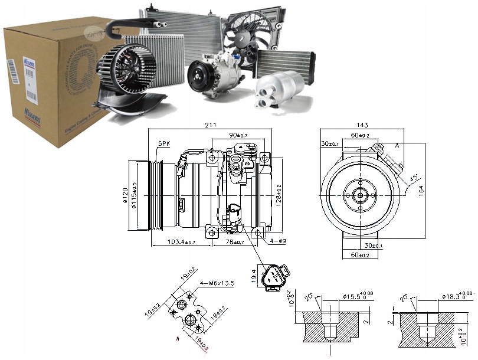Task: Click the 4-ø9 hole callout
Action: (277, 241)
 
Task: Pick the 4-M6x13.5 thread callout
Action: (218, 283)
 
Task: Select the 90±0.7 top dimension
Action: (240, 136)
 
